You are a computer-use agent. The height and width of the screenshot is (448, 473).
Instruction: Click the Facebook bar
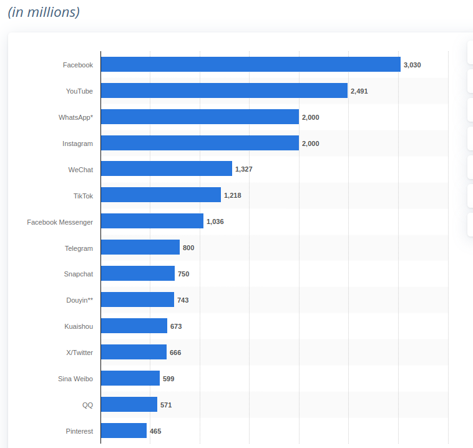tap(250, 64)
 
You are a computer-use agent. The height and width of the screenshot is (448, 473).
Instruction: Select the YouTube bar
tap(224, 90)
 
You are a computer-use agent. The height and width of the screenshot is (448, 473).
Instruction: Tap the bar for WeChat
tap(166, 168)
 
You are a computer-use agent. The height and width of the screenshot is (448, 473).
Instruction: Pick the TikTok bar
tap(160, 195)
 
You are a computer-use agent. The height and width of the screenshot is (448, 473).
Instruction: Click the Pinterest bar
tap(124, 431)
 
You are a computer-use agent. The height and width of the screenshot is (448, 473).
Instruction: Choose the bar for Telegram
tap(140, 247)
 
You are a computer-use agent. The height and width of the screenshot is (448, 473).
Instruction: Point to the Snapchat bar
tap(137, 273)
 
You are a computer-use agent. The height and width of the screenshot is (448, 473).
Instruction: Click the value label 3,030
tap(412, 65)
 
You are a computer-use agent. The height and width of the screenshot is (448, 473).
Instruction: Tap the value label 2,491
tap(359, 91)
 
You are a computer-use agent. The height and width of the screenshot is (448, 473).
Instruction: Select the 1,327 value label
tap(244, 169)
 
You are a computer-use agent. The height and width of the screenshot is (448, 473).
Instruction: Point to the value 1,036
tap(215, 222)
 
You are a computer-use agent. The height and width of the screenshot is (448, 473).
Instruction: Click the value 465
tap(155, 431)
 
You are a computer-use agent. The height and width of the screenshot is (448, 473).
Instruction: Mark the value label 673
tap(176, 326)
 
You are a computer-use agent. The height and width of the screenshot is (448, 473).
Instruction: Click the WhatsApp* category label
tap(76, 117)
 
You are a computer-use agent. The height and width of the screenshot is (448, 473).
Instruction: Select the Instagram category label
tap(77, 144)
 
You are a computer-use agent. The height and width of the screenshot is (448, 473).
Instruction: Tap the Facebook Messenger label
tap(60, 222)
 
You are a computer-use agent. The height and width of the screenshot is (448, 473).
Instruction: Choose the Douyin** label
tap(79, 300)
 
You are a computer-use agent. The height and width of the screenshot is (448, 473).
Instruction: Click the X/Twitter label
tap(79, 353)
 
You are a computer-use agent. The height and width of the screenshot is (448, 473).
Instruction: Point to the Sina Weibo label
tap(75, 379)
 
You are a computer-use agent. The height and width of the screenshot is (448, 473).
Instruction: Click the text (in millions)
tap(44, 12)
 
